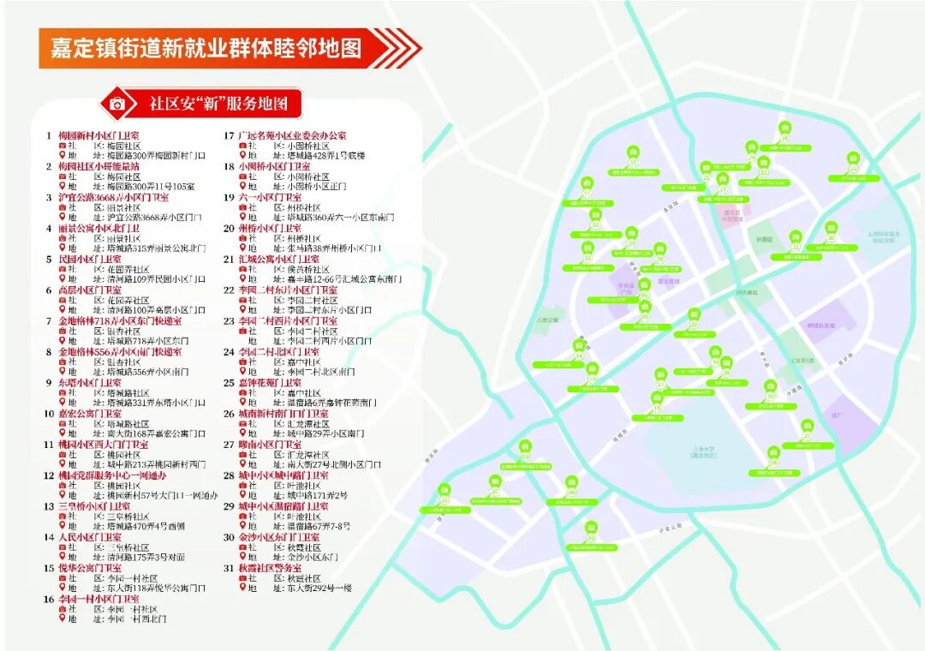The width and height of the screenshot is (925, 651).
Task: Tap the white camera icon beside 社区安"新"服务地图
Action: click(118, 105)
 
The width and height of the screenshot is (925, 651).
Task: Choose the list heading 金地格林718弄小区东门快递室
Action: click(119, 320)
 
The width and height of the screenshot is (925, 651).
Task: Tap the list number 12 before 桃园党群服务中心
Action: click(49, 475)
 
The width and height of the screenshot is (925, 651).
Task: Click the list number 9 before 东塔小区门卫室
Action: click(49, 382)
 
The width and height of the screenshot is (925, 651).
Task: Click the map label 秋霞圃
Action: click(764, 240)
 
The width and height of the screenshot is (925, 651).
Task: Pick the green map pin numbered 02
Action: click(591, 529)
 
